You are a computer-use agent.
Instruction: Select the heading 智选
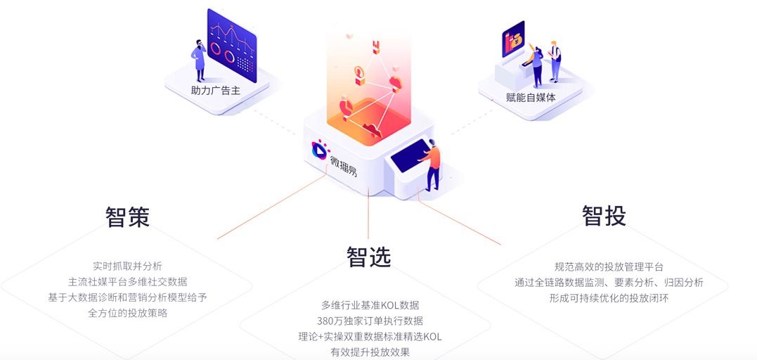368,257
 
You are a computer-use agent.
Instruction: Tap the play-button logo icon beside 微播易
319,149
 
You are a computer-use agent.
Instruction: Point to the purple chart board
232,46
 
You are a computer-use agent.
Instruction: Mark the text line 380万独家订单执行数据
370,321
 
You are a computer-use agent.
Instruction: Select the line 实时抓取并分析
127,266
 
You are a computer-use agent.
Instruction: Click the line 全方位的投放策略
128,313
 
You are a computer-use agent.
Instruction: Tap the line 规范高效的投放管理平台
609,266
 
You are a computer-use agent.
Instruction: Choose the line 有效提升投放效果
370,352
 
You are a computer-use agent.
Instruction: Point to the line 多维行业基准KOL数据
370,305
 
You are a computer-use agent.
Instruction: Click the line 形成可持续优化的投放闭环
609,298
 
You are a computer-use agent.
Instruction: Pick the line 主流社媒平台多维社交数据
127,281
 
